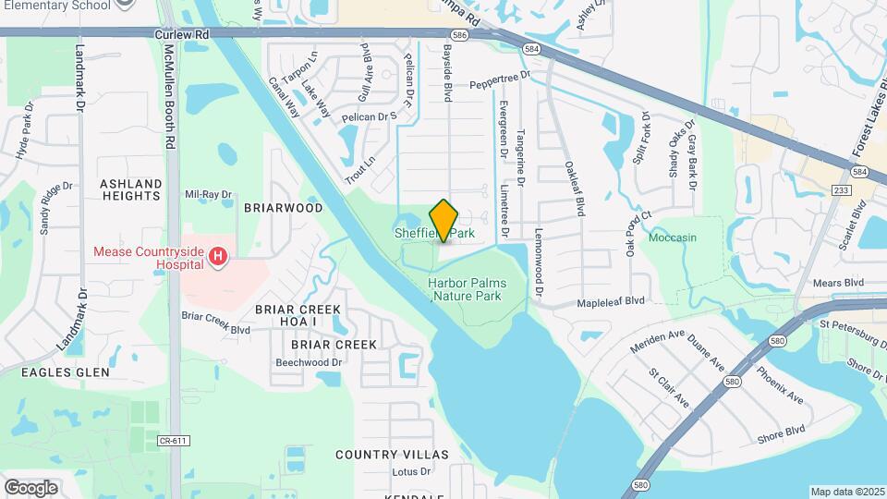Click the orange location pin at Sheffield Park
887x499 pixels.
(x=443, y=220)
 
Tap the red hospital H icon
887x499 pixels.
(x=218, y=256)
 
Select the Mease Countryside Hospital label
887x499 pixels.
(x=148, y=257)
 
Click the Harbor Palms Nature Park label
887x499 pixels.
(x=466, y=289)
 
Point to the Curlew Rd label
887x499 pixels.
(x=181, y=34)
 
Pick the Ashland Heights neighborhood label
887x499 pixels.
(x=130, y=189)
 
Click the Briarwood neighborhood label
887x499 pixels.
(x=283, y=208)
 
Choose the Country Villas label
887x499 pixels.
(x=392, y=455)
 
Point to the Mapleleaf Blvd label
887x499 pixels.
(x=611, y=301)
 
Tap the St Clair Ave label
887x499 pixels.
(x=669, y=388)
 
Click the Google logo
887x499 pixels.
(x=30, y=487)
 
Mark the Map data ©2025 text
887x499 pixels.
(x=847, y=492)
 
